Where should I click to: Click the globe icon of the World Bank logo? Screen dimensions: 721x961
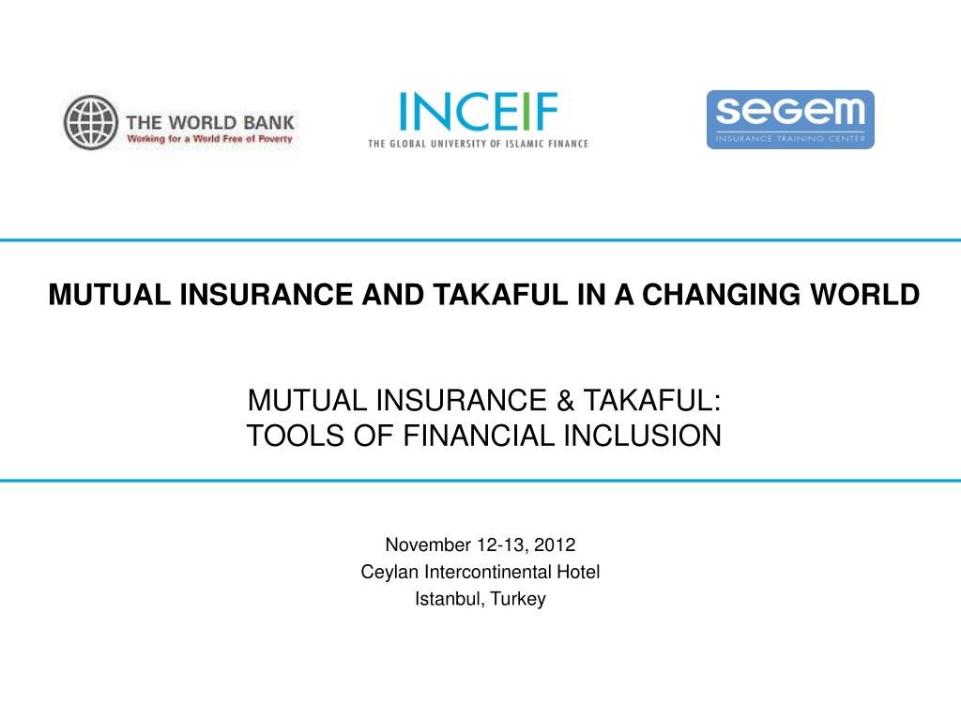point(91,123)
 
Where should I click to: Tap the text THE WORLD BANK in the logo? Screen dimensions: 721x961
point(210,121)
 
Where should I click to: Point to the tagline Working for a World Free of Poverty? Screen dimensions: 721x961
point(210,139)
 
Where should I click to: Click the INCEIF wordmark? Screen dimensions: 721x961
point(478,114)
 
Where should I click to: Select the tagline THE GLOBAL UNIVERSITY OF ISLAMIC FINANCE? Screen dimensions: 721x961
point(478,144)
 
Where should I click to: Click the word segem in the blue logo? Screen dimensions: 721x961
point(789,113)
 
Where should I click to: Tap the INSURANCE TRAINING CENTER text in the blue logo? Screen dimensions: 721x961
point(790,138)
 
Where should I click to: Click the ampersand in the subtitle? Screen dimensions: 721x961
point(566,402)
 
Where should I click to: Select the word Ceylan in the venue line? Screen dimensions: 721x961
point(389,572)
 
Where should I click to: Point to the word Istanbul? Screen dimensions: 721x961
point(447,599)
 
